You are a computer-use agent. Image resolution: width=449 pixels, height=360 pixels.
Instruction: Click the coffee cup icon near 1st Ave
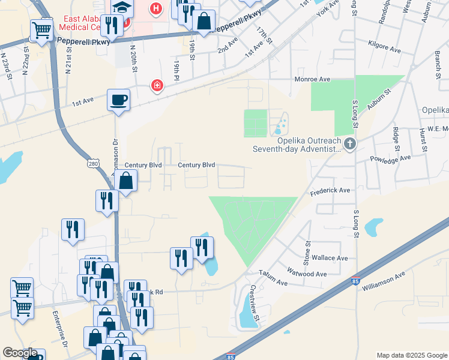coord(118,99)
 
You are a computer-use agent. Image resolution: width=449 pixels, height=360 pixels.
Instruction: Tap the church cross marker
coord(350,143)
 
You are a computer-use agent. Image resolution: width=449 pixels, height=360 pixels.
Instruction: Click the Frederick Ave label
coord(330,190)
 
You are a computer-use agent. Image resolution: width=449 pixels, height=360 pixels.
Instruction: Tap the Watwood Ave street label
coord(307,274)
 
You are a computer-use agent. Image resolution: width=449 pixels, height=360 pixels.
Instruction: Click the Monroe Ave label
coord(312,79)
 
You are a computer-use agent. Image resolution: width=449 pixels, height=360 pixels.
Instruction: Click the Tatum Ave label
coord(271,279)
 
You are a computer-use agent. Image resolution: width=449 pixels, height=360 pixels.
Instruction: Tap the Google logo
coord(20,353)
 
